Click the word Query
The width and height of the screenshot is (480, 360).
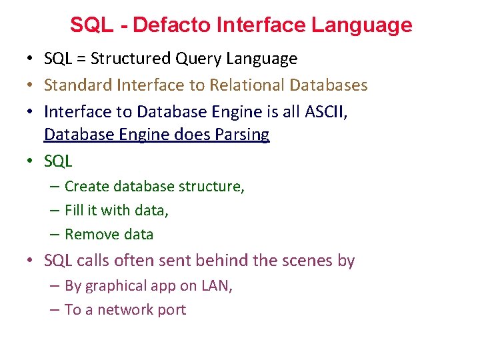pyautogui.click(x=199, y=59)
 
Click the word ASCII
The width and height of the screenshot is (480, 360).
pyautogui.click(x=325, y=111)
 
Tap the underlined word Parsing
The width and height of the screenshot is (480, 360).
pyautogui.click(x=242, y=135)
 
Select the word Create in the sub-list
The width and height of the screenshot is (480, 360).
pyautogui.click(x=85, y=187)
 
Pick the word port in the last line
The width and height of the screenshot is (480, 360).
pyautogui.click(x=173, y=311)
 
